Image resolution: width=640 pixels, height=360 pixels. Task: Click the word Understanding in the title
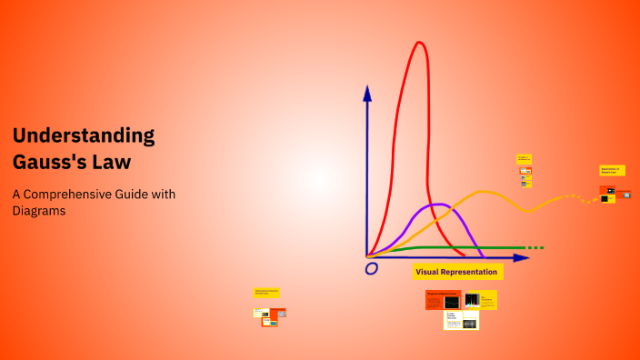(84, 136)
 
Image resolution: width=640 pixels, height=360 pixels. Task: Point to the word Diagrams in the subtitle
(39, 211)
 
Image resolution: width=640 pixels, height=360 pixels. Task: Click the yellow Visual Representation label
(456, 272)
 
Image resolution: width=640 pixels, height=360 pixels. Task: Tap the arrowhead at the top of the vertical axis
(367, 92)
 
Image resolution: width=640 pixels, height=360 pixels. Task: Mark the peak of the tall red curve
(420, 44)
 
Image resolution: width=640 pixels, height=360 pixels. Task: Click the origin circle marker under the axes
(371, 268)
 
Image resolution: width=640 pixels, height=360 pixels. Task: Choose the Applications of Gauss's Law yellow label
(613, 170)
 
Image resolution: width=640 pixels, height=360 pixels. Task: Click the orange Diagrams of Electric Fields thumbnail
(443, 299)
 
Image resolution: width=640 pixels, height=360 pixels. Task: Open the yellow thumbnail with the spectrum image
(480, 299)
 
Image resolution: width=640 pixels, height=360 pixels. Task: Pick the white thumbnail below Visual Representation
(461, 321)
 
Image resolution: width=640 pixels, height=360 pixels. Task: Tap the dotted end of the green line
(535, 247)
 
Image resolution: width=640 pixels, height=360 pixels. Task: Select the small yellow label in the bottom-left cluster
(266, 292)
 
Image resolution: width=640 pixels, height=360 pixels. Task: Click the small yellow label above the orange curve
(524, 159)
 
